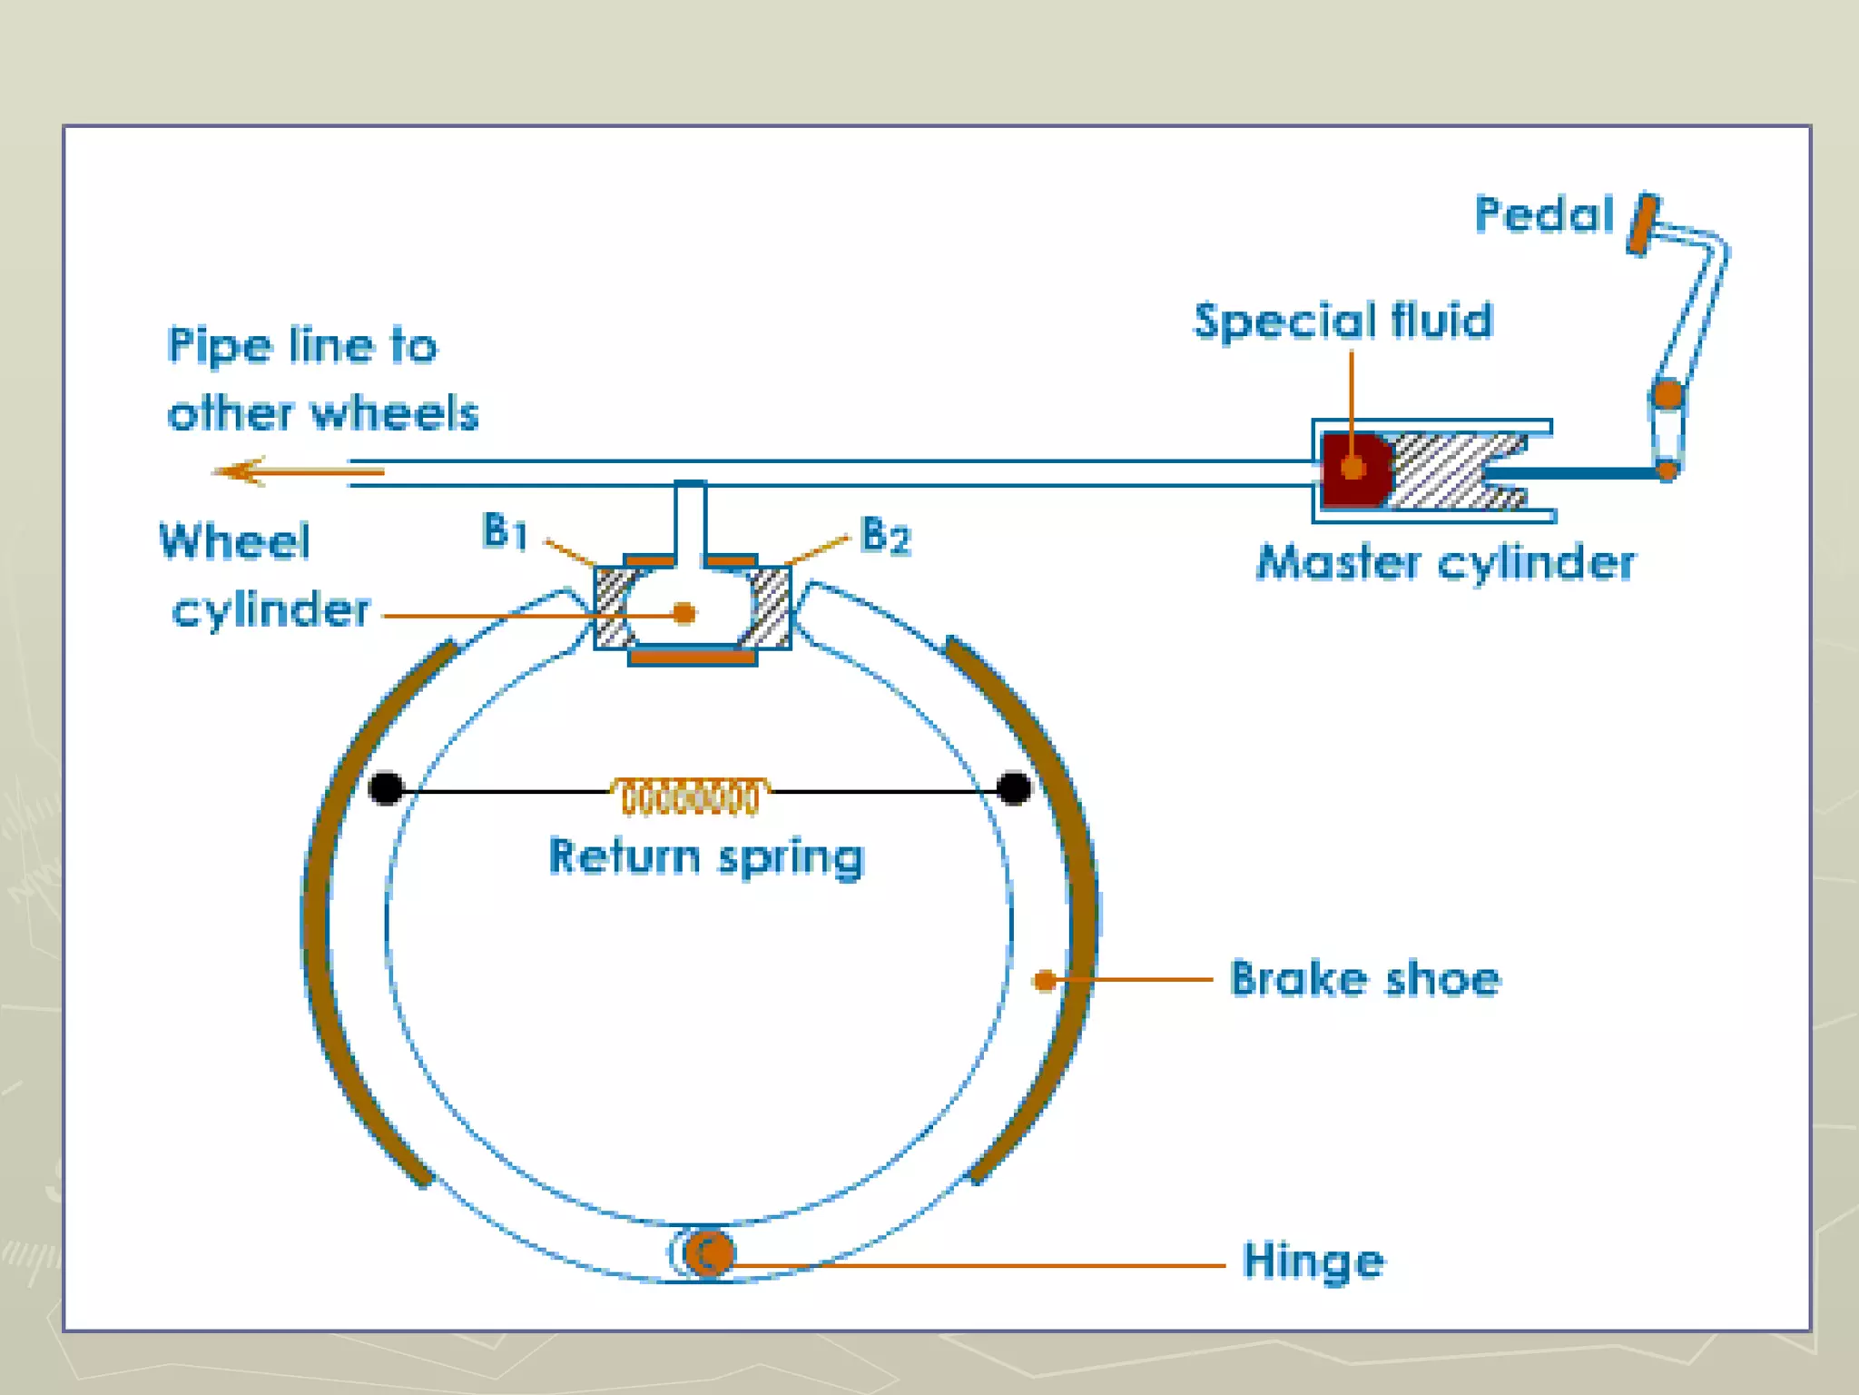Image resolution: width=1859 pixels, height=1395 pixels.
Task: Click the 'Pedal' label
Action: click(1543, 216)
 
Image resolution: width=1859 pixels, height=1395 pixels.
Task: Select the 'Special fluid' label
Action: click(1343, 322)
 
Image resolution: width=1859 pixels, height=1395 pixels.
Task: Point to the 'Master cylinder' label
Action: click(1446, 563)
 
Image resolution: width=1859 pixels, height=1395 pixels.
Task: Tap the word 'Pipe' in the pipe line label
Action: click(219, 347)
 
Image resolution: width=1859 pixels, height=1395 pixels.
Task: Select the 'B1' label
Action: click(505, 531)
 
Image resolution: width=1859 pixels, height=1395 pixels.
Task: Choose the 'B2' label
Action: click(885, 536)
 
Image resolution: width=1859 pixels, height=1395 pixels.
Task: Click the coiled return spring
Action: click(689, 796)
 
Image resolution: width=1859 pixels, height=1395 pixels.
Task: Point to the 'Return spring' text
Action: click(706, 857)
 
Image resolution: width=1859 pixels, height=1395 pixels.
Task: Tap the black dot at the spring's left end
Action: click(387, 788)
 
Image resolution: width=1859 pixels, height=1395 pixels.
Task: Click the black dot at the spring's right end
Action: click(1014, 788)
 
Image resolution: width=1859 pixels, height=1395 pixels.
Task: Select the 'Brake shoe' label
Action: click(1364, 979)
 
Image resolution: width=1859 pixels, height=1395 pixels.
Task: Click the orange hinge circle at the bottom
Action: click(708, 1254)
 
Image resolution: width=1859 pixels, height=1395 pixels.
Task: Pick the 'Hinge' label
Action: click(1313, 1261)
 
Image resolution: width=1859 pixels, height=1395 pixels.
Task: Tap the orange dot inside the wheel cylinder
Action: click(685, 614)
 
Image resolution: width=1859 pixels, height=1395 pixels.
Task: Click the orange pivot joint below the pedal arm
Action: click(1668, 395)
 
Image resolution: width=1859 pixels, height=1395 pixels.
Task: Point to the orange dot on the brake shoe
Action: click(1045, 980)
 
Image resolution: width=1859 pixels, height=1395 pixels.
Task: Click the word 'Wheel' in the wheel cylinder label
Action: click(235, 542)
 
